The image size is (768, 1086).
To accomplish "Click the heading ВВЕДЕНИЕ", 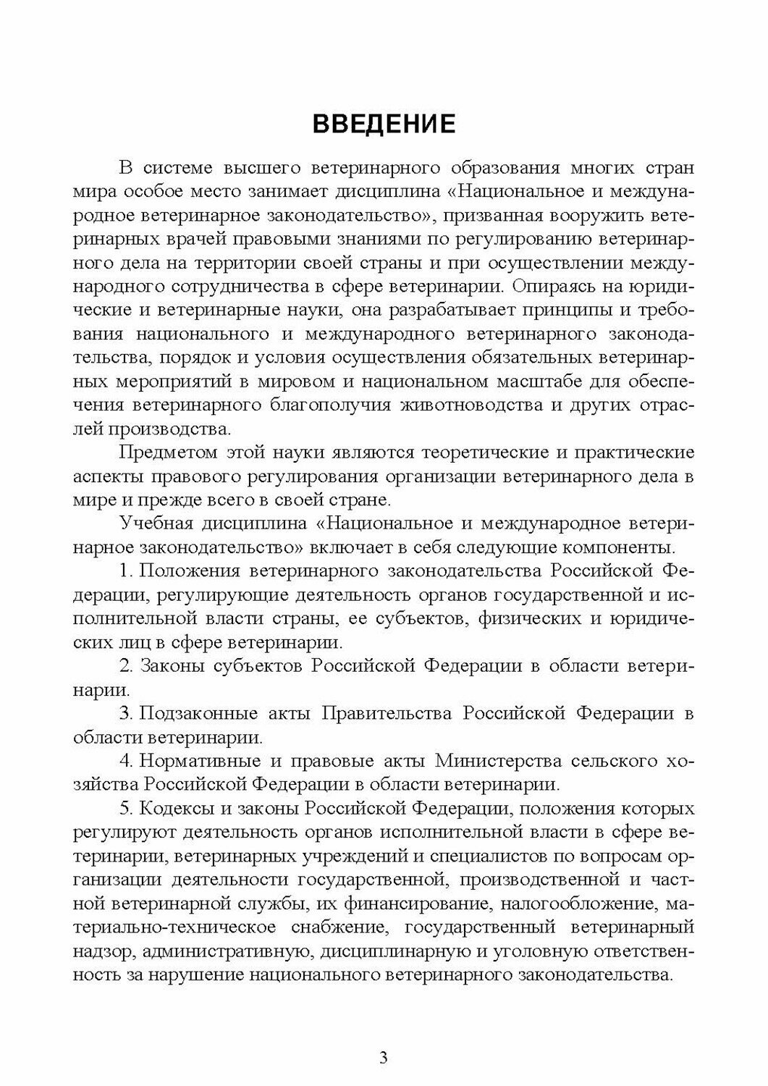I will click(x=384, y=124).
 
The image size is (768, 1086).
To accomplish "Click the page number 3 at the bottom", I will click(x=384, y=1058).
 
